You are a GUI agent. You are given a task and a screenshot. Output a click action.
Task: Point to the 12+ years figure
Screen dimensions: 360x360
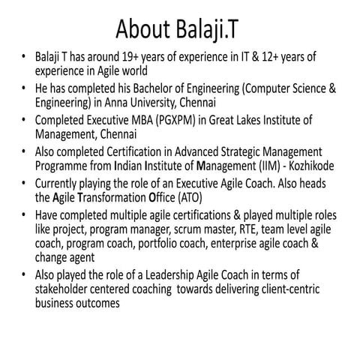(267, 56)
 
